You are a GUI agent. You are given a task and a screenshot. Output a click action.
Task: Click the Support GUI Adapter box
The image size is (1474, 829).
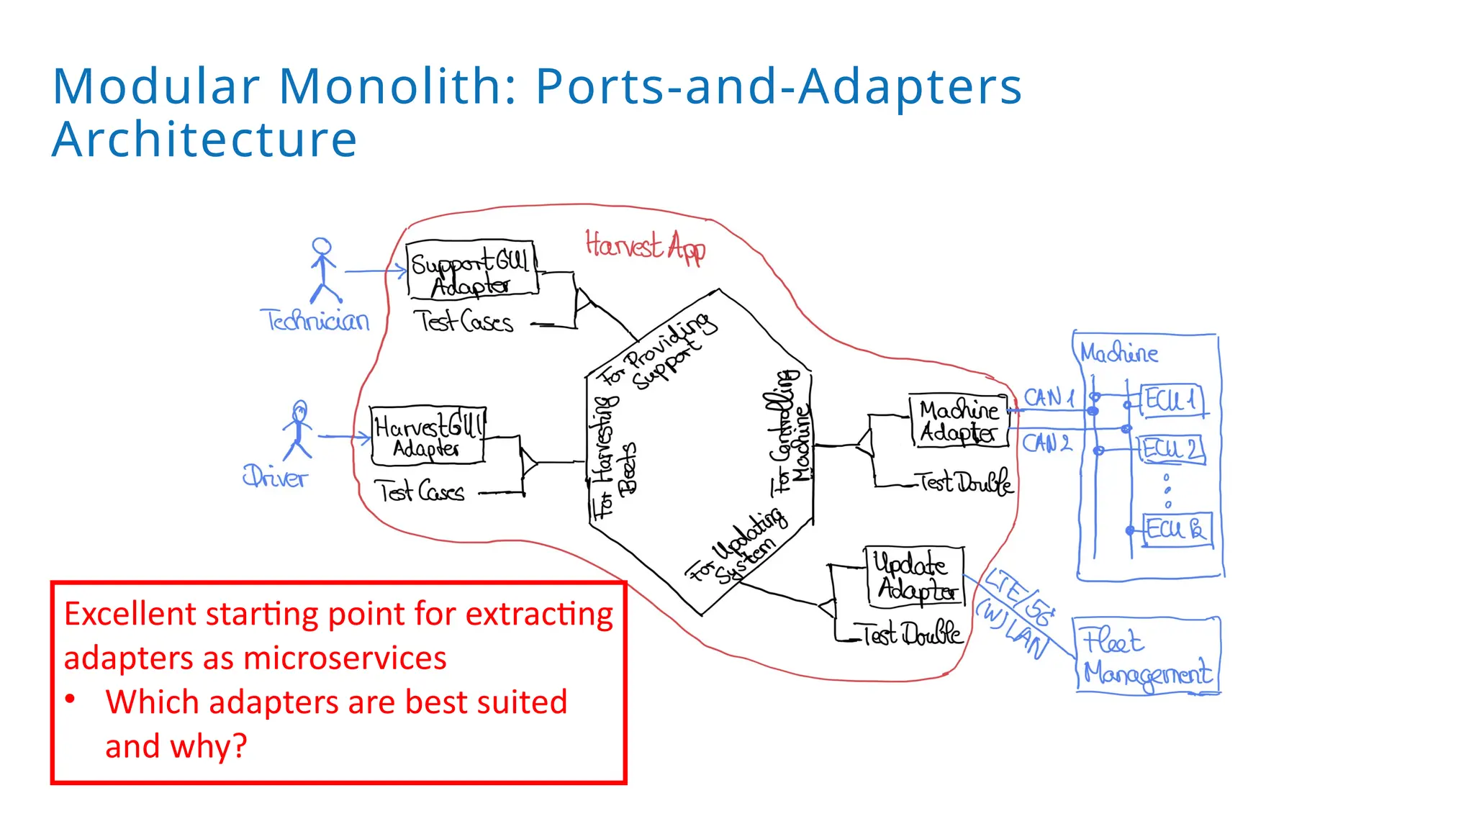point(471,270)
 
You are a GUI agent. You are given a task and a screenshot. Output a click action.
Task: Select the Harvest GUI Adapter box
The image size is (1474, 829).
point(428,435)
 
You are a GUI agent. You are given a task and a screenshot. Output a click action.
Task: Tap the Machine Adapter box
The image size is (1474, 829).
point(959,421)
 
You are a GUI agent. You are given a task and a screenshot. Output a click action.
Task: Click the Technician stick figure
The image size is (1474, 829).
point(322,271)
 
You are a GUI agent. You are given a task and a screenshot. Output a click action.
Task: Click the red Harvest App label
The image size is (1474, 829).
point(645,246)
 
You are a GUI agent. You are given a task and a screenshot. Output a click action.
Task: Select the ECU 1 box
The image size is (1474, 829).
point(1171,399)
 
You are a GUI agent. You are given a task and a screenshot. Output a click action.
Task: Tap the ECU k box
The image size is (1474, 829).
point(1177,530)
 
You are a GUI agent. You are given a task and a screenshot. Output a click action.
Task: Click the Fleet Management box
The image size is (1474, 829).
point(1147,656)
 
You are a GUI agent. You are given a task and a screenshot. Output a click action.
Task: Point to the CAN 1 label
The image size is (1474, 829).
point(1048,397)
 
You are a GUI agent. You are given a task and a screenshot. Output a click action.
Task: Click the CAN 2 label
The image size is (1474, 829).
point(1046,443)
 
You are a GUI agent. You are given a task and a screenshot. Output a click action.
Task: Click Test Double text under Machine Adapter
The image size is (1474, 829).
point(965,482)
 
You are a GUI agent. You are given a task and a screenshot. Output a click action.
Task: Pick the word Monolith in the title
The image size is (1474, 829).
point(397,86)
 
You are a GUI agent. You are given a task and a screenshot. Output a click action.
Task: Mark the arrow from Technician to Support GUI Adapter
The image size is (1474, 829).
point(376,271)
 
